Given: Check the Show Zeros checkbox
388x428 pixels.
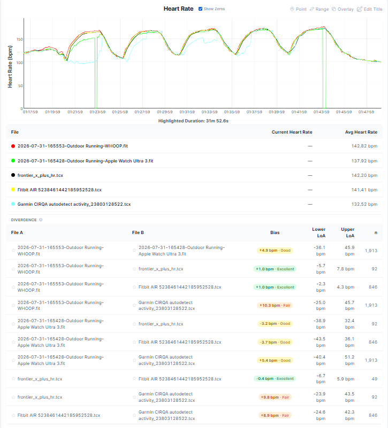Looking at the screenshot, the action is click(x=201, y=9).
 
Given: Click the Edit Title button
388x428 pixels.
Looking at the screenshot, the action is click(x=370, y=9).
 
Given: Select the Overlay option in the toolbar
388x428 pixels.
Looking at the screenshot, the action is click(x=343, y=9).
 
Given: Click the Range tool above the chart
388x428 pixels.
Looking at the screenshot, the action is click(x=319, y=9).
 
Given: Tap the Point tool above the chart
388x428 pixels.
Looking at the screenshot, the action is click(x=298, y=9).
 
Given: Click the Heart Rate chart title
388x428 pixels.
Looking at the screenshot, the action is click(x=179, y=9).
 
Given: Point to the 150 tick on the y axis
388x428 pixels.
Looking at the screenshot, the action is click(x=20, y=40).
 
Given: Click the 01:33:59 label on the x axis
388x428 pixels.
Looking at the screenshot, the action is click(x=209, y=112).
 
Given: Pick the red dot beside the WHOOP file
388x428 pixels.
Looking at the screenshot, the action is click(x=13, y=146).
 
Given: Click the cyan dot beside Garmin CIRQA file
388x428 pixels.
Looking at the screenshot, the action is click(x=13, y=204).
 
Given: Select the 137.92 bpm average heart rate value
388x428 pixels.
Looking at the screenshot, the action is click(x=364, y=161).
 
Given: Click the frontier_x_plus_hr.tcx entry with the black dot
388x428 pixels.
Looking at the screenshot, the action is click(x=40, y=175).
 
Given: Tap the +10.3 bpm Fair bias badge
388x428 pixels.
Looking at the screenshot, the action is click(x=275, y=306).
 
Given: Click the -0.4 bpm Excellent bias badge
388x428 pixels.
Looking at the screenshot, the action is click(x=275, y=379).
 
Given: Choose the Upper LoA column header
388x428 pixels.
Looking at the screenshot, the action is click(x=347, y=232).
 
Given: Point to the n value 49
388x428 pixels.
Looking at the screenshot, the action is click(x=374, y=379).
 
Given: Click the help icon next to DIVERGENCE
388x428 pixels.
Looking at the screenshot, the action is click(x=41, y=220).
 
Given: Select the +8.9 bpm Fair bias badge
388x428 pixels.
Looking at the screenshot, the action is click(x=275, y=415).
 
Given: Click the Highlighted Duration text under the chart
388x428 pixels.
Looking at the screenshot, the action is click(x=193, y=121).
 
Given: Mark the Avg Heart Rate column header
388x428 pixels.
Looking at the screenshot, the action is click(x=361, y=132).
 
